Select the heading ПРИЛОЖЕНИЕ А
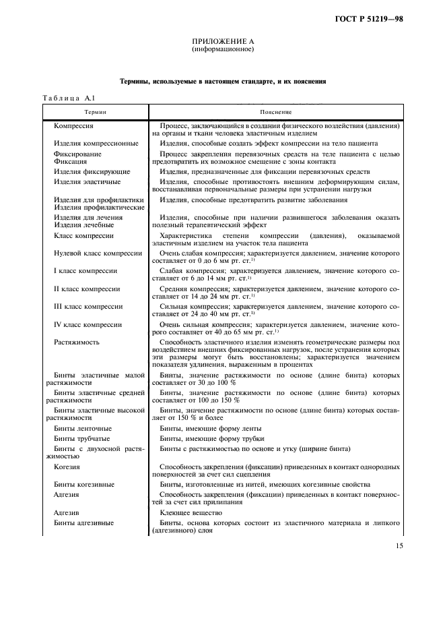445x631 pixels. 223,42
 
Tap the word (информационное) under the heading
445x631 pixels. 223,49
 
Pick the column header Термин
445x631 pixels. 96,111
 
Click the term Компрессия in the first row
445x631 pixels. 73,126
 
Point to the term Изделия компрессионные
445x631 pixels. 96,144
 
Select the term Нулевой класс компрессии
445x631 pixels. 98,253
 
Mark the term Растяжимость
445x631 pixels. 76,342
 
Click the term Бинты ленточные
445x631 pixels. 83,429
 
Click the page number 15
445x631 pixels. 399,546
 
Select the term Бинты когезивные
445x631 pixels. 84,484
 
